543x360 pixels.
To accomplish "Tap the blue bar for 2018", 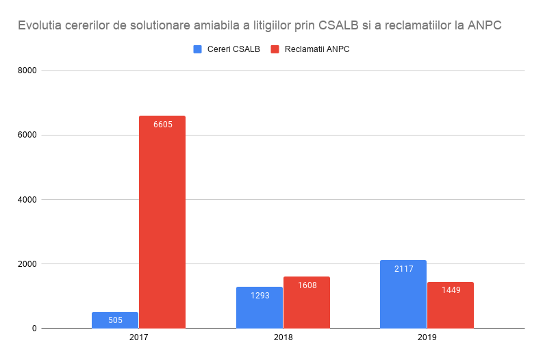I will (260, 308).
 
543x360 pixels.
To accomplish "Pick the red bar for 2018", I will (307, 303).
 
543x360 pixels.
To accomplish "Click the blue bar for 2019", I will (403, 294).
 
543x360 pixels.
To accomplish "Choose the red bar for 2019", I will (451, 305).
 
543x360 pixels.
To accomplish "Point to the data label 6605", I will (162, 125).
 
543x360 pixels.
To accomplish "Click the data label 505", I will (115, 320).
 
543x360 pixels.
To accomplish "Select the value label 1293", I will (260, 296).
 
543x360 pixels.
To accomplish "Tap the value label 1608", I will (307, 285).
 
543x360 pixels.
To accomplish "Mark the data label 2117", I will (403, 269).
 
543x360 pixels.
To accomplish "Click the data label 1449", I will (451, 291).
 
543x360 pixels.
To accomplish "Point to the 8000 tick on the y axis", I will (27, 70).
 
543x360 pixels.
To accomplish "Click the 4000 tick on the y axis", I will (27, 200).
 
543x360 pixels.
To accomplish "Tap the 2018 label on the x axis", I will (283, 338).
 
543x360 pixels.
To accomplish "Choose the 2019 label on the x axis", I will (427, 338).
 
